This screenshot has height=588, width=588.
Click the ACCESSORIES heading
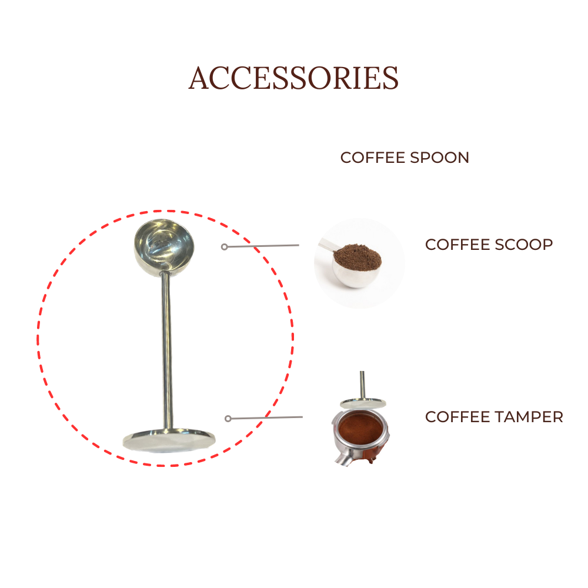pos(293,78)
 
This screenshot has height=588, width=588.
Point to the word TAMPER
pos(529,417)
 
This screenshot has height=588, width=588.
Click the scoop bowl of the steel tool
pos(163,244)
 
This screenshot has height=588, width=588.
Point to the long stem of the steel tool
pos(167,347)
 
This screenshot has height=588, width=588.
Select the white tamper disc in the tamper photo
pos(363,403)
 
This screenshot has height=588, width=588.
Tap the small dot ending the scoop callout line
pos(224,247)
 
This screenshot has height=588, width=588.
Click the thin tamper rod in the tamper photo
pos(363,385)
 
